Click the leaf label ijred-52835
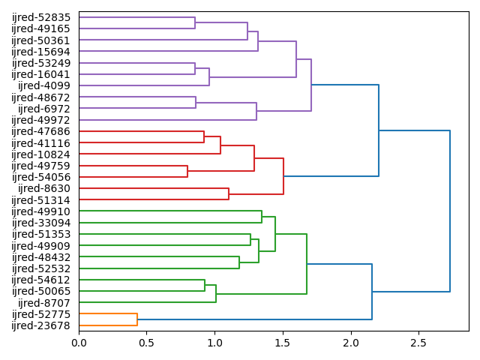[42, 17]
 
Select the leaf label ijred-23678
[42, 325]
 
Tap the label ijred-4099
[45, 85]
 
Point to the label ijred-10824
[42, 154]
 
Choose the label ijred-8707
[45, 302]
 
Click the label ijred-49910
[42, 211]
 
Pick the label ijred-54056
[42, 177]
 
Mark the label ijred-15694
[42, 52]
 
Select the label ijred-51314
[42, 200]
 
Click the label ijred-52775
[42, 314]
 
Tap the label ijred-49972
[42, 120]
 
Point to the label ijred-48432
[42, 257]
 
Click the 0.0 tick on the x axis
[79, 343]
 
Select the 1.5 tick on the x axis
[283, 343]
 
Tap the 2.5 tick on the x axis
[418, 343]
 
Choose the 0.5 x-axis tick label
[147, 343]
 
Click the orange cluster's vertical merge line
[137, 319]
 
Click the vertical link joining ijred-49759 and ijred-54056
[187, 172]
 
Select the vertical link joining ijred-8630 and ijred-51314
[229, 194]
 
